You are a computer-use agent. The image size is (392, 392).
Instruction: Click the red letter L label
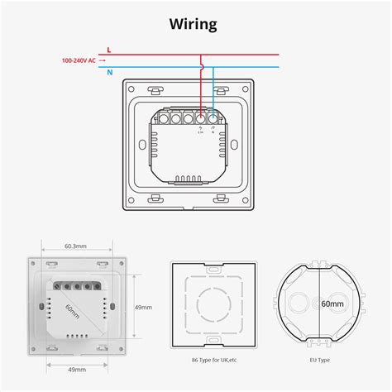(108, 50)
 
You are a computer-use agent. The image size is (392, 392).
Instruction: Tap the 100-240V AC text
(80, 60)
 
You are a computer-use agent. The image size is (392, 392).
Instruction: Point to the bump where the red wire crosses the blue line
(201, 67)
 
